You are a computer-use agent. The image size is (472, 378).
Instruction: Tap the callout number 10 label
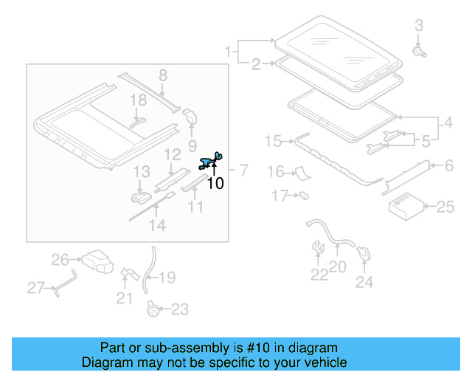tap(215, 184)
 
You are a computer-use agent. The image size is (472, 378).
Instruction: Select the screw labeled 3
tap(419, 52)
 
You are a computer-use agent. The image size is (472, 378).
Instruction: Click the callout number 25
tap(445, 207)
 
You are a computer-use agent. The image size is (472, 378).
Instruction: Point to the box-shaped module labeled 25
tap(404, 207)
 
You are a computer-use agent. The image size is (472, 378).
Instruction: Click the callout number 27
tap(36, 288)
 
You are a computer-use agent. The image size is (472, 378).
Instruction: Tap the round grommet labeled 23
tap(153, 309)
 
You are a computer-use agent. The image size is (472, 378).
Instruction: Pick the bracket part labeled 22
tap(318, 248)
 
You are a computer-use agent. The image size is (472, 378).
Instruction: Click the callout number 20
tap(337, 267)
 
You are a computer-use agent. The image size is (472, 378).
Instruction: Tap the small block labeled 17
tap(302, 196)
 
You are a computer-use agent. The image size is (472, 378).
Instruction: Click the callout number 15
tap(273, 140)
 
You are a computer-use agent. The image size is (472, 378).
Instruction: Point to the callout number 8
tap(163, 75)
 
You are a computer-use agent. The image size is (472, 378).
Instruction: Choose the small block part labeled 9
tap(190, 117)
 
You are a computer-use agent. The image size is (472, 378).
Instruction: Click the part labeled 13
tap(139, 197)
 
